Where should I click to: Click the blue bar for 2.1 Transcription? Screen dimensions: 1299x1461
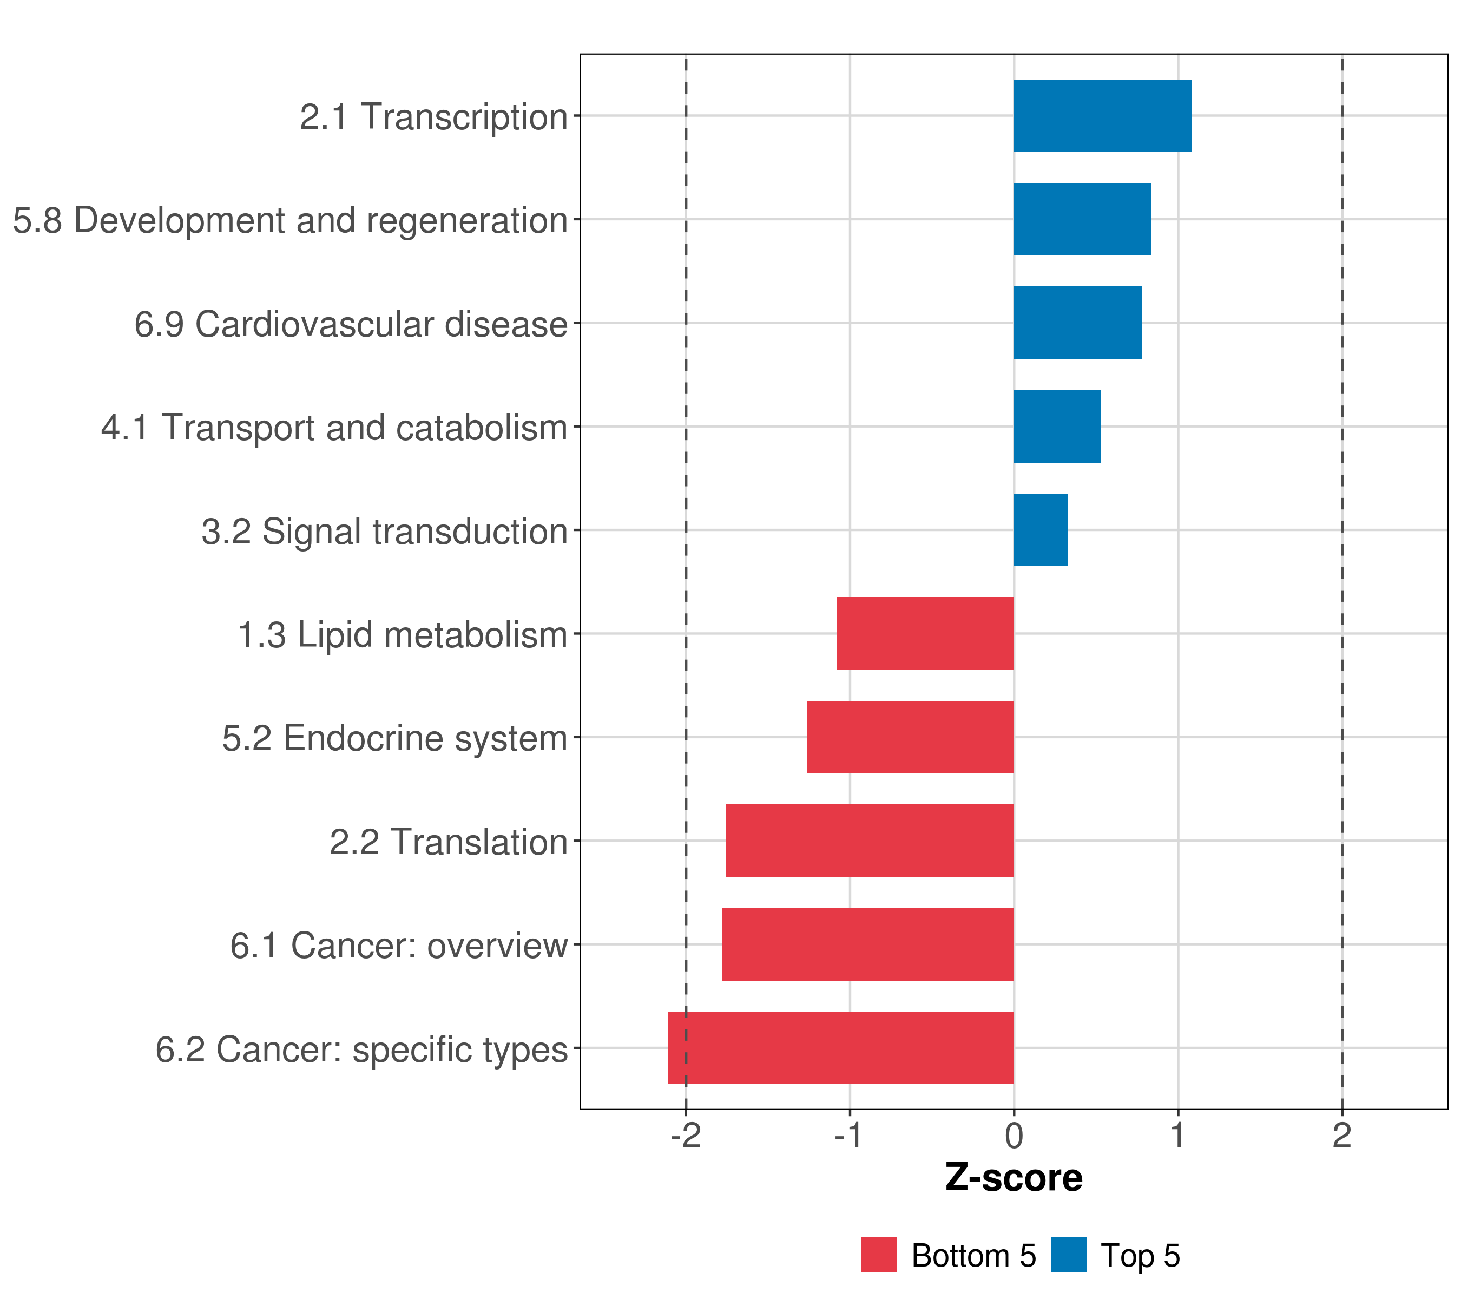tap(1102, 116)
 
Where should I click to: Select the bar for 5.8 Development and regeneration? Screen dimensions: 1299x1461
tap(1082, 220)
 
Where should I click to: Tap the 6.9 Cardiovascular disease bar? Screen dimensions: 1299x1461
tap(1077, 323)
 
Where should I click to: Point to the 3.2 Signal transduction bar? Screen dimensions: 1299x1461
tap(1041, 530)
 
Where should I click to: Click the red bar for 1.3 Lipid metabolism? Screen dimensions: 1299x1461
tap(925, 633)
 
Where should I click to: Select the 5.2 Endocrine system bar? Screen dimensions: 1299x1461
tap(910, 737)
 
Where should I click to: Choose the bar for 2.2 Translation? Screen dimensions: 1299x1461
tap(870, 841)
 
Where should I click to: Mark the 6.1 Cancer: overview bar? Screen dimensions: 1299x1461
tap(868, 944)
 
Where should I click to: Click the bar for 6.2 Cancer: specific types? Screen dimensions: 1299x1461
tap(840, 1048)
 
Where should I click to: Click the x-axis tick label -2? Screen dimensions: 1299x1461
tap(686, 1136)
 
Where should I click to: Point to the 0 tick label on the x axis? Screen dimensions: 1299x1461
tap(1014, 1136)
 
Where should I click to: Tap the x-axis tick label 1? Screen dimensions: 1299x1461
tap(1177, 1136)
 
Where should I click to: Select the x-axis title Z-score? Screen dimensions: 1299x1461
tap(1014, 1178)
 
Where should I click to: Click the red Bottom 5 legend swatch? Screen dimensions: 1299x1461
tap(878, 1255)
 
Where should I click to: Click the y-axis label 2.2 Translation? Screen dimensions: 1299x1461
tap(448, 842)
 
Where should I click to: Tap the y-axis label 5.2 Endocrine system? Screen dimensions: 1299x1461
tap(394, 738)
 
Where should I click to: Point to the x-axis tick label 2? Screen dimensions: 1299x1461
tap(1341, 1136)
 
